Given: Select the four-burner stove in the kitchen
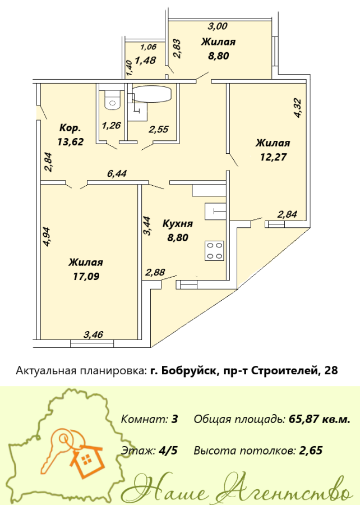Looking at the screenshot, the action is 214,251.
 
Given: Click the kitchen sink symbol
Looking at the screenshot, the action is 215,211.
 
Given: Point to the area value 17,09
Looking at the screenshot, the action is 86,276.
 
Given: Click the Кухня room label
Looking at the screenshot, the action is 178,223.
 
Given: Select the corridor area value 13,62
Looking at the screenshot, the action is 71,141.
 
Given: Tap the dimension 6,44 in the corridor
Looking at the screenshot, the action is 117,173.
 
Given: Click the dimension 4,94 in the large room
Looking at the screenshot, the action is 47,237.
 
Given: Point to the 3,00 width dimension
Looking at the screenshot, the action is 218,26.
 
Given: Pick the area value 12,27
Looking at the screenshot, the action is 273,157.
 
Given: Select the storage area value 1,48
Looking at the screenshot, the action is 146,60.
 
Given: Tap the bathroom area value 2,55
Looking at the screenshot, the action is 159,130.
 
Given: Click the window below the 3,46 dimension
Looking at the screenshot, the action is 92,345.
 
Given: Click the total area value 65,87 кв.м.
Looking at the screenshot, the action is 320,419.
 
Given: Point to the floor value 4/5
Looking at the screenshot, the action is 168,450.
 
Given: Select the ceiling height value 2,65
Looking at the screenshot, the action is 311,451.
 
